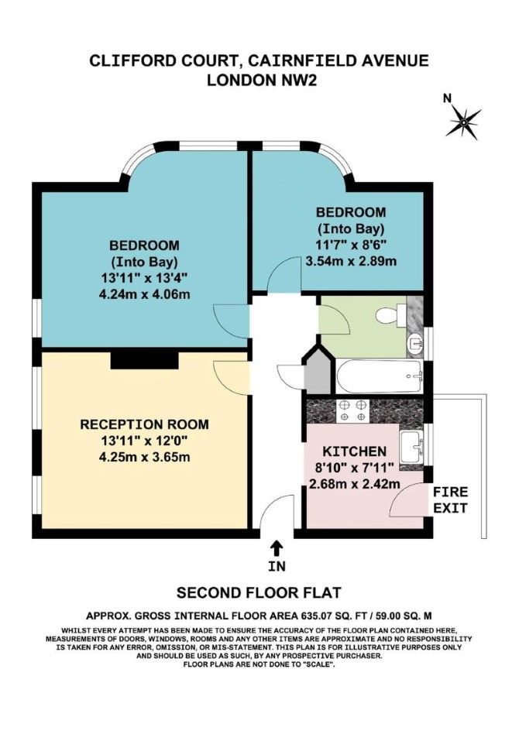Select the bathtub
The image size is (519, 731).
pos(380,376)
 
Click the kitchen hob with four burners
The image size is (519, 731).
pos(352,410)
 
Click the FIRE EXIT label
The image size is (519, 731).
pos(451,499)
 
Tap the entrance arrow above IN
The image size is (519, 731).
pos(277,548)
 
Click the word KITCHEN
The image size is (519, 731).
pos(355,451)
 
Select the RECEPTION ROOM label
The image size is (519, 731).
pos(145,424)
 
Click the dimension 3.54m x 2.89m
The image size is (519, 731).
pos(351,261)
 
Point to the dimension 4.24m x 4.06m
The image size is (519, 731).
pos(145,294)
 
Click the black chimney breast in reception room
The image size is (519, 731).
pos(145,359)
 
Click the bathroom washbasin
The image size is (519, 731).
pos(414,344)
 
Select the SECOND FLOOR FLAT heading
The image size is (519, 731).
pos(259,592)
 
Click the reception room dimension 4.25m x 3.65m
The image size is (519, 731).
pos(145,456)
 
